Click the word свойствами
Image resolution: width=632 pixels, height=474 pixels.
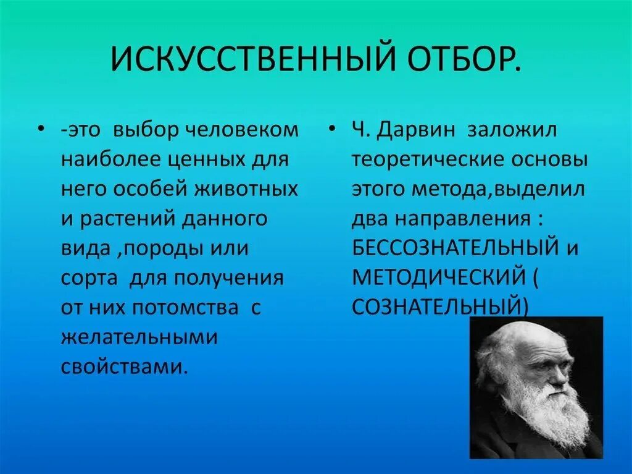tap(123, 366)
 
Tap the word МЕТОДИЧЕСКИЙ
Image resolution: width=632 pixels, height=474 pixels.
tap(438, 277)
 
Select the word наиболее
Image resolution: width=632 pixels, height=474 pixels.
tap(110, 159)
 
